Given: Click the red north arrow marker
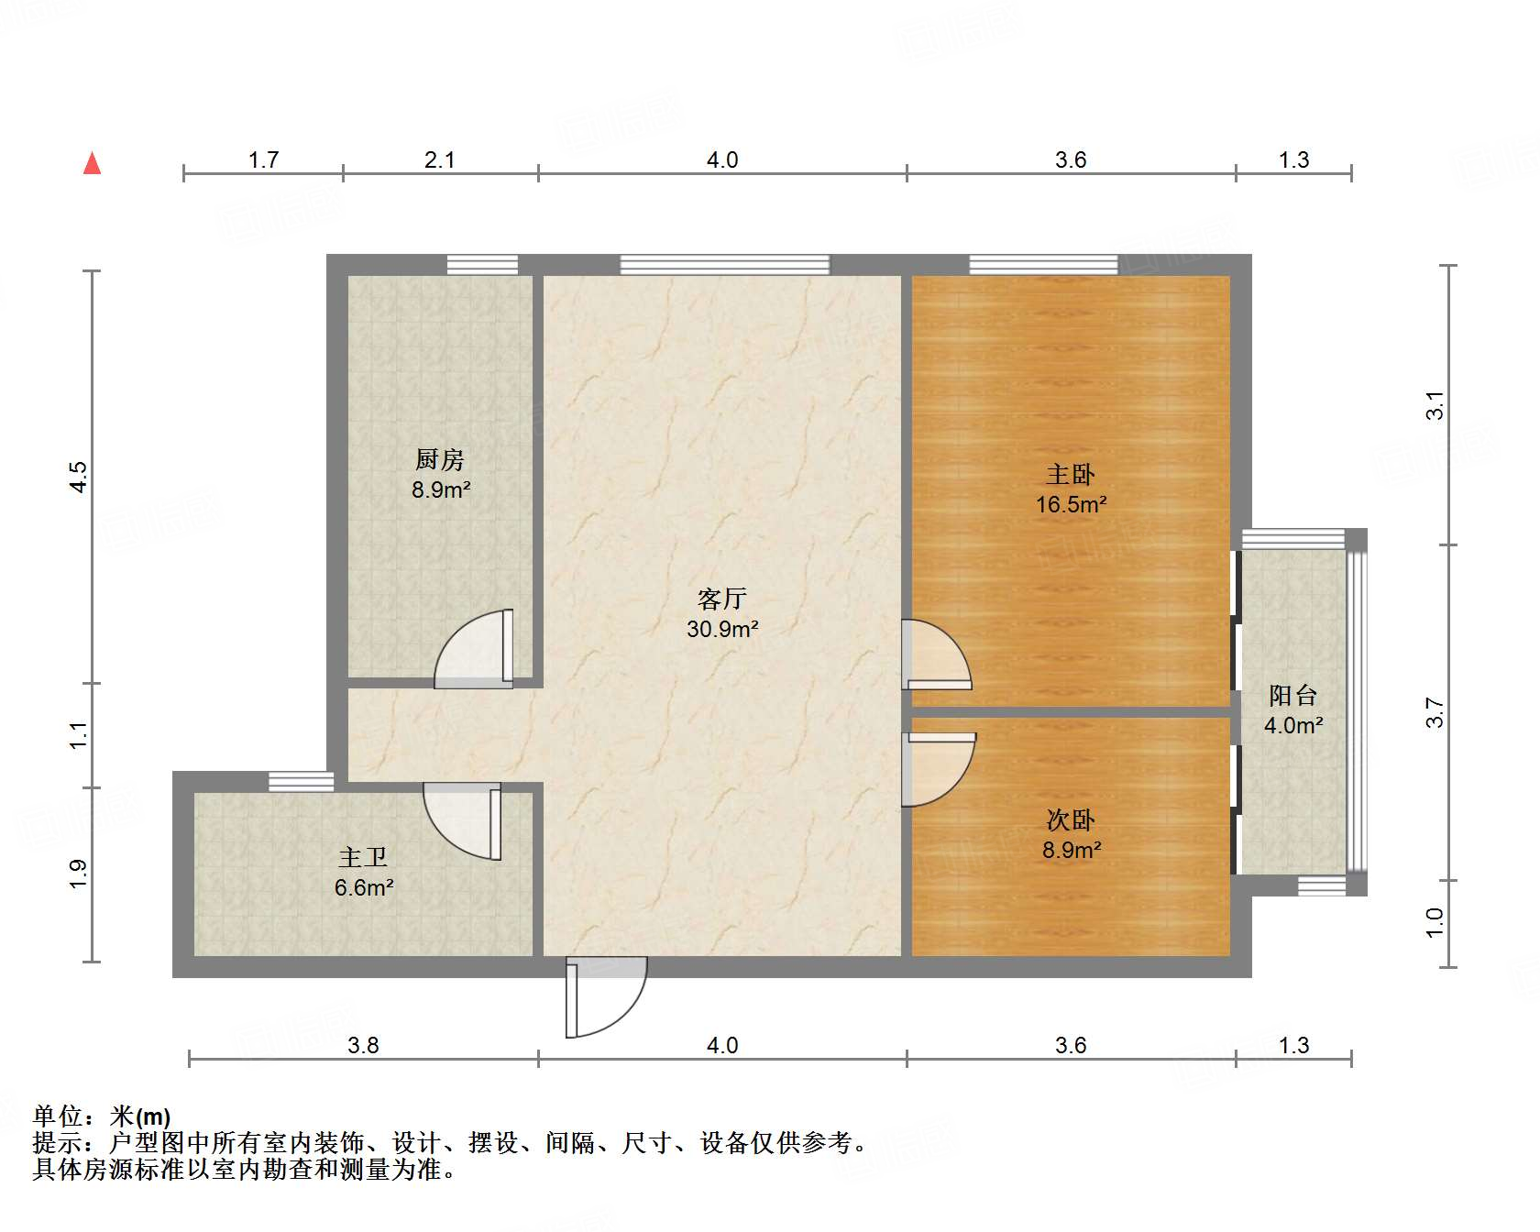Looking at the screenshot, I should pyautogui.click(x=92, y=163).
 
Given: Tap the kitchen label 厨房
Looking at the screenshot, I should pyautogui.click(x=440, y=458).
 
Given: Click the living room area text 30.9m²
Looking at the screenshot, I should pyautogui.click(x=722, y=629).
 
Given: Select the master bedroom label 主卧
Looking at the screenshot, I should pyautogui.click(x=1071, y=474).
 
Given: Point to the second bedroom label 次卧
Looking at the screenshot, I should pyautogui.click(x=1071, y=819).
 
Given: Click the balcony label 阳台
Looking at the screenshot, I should pyautogui.click(x=1292, y=696).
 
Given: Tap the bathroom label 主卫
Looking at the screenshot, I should pyautogui.click(x=363, y=857).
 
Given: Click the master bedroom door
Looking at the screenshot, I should pyautogui.click(x=935, y=654).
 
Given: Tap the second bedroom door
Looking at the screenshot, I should pyautogui.click(x=937, y=768).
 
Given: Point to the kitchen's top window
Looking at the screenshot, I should pyautogui.click(x=482, y=265).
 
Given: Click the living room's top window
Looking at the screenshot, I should pyautogui.click(x=724, y=265).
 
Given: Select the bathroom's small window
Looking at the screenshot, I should pyautogui.click(x=301, y=782).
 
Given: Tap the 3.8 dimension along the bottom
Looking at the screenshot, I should pyautogui.click(x=363, y=1045).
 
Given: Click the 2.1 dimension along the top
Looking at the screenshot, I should pyautogui.click(x=440, y=159).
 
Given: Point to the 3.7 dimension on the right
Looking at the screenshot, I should pyautogui.click(x=1435, y=713).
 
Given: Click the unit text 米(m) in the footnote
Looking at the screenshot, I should pyautogui.click(x=139, y=1116).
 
